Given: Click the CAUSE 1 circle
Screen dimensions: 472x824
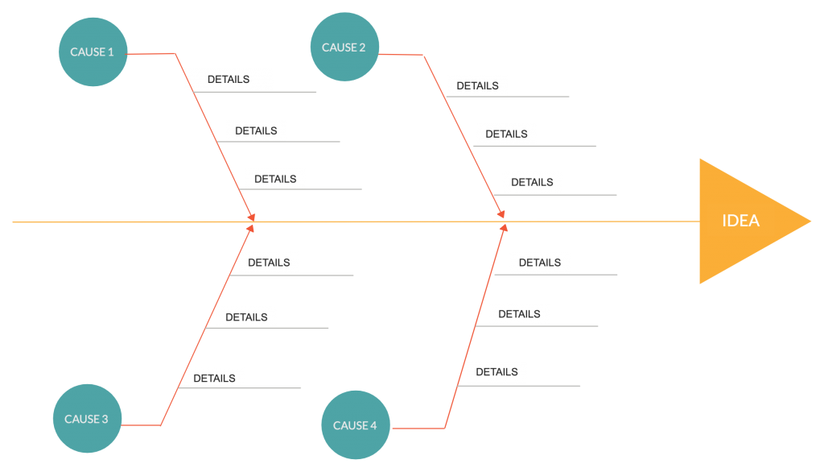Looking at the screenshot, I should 93,52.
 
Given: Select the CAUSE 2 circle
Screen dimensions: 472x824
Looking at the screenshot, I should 344,48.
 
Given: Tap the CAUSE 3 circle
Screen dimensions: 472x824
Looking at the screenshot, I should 86,419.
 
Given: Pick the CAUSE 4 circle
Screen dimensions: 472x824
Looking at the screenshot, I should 355,425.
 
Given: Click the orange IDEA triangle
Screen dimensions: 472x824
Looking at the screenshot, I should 744,221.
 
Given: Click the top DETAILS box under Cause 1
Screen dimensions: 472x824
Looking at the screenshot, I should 229,80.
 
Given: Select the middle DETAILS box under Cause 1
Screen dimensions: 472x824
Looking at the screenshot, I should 256,130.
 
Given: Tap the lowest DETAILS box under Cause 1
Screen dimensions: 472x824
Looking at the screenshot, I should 275,179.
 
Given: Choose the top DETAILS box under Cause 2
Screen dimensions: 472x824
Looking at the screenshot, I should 478,85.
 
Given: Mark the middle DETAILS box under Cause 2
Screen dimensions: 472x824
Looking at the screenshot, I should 506,134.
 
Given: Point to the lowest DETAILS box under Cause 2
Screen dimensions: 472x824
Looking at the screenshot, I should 532,182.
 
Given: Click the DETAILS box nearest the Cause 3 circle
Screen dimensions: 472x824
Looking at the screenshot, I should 214,378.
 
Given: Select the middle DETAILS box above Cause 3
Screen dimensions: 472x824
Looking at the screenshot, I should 246,317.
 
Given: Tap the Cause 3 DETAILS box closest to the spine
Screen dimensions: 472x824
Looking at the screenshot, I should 269,263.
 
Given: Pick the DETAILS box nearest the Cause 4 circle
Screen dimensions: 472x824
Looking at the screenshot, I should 496,372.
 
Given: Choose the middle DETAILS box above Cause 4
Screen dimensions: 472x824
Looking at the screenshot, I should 519,314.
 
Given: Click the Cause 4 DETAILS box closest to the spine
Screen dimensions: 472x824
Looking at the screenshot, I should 540,263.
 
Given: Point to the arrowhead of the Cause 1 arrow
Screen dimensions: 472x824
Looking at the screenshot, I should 252,217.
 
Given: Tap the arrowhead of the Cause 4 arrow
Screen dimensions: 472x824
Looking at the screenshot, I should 504,228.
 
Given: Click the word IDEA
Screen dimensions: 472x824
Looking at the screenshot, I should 741,221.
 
